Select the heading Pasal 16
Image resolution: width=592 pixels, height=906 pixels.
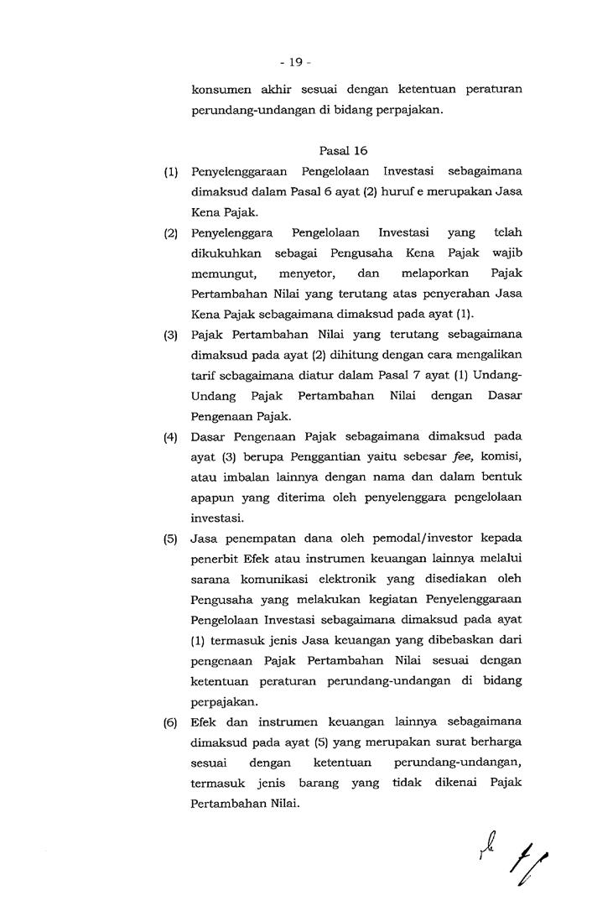[343, 151]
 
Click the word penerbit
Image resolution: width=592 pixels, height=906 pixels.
[215, 559]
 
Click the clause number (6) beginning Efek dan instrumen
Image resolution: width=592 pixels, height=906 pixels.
[171, 721]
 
